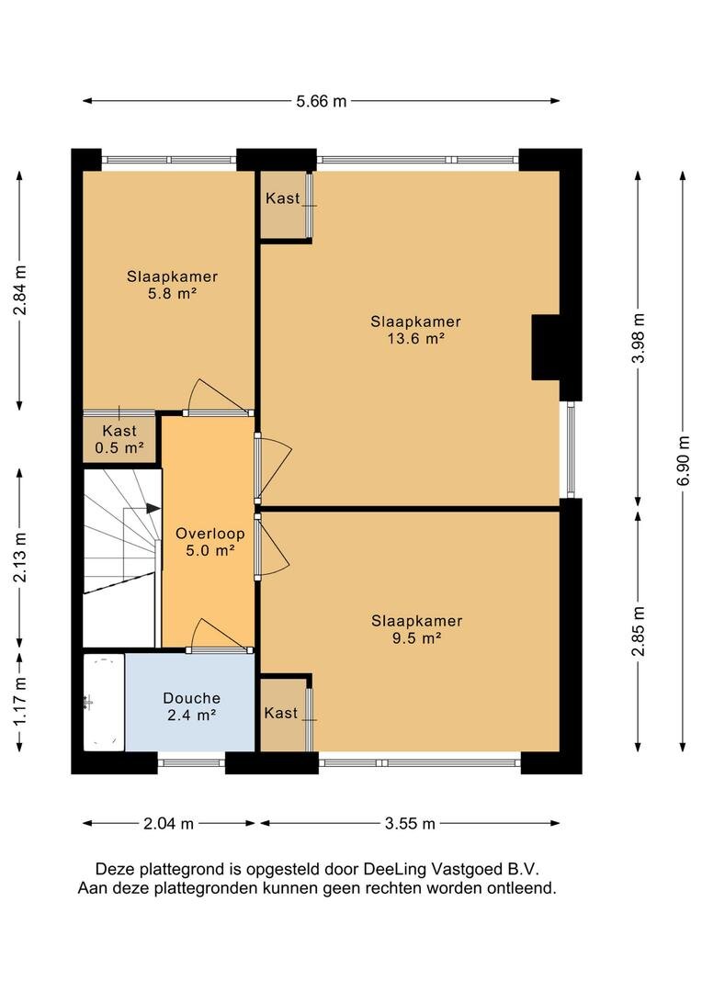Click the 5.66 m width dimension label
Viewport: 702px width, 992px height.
tap(322, 101)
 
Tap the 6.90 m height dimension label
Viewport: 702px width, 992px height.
tap(683, 460)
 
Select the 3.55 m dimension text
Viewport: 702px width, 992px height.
tap(410, 824)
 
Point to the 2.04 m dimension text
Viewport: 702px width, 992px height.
tap(168, 824)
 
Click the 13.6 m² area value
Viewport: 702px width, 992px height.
tap(416, 338)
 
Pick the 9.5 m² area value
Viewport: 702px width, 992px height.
tap(416, 637)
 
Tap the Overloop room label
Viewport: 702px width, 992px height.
tap(210, 534)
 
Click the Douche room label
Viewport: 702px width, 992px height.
tap(192, 698)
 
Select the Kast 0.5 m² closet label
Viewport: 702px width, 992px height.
tap(119, 440)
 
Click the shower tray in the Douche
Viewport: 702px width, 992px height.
tap(104, 703)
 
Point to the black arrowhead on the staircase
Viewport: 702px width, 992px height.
tap(153, 508)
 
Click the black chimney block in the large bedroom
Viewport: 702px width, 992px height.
tap(546, 347)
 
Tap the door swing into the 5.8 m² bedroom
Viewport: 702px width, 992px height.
tap(219, 395)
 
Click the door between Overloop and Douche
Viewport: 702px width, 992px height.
tap(219, 635)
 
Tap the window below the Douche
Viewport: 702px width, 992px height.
tap(191, 762)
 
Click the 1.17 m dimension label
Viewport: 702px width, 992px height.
tap(20, 701)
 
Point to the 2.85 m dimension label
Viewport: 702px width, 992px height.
tap(639, 631)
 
